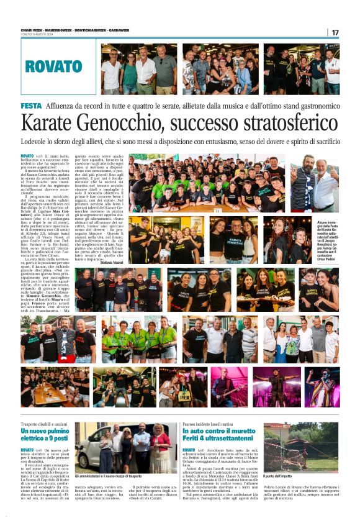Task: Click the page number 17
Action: tap(335, 32)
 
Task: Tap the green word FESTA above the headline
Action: tap(31, 106)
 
